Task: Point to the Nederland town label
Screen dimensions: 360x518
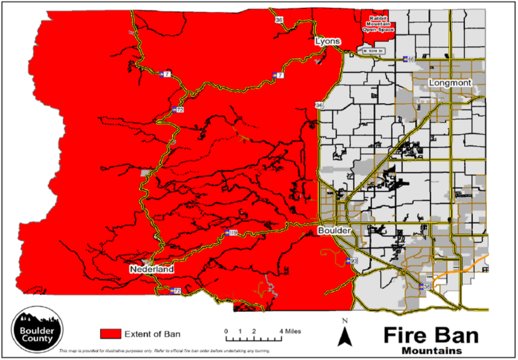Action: [151, 270]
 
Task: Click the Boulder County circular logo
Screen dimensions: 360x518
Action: [35, 326]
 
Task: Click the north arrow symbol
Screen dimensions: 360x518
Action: [344, 339]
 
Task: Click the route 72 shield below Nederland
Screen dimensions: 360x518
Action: [176, 291]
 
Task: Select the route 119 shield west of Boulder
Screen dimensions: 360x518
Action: [232, 232]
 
